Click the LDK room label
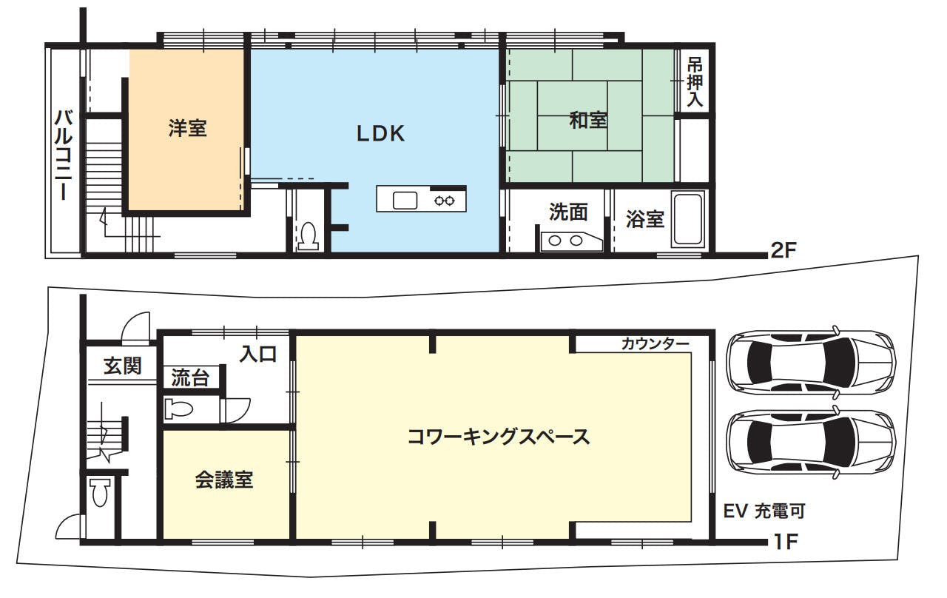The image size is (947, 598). [x=381, y=134]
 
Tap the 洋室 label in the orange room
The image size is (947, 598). [x=188, y=128]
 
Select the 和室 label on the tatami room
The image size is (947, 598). [x=588, y=120]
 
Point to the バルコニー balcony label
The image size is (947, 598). [x=64, y=155]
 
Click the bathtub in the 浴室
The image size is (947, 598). [x=688, y=220]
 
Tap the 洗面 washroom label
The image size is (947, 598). [x=568, y=212]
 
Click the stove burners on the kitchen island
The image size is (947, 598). [x=445, y=201]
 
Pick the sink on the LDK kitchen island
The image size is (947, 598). [x=405, y=201]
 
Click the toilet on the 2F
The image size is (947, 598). [x=309, y=235]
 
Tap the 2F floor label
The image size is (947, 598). [x=783, y=250]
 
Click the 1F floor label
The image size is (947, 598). [x=785, y=541]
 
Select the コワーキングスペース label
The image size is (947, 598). [x=499, y=437]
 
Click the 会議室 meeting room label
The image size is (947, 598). [x=224, y=480]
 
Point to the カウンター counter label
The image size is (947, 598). [x=655, y=344]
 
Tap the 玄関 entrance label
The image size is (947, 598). [x=123, y=366]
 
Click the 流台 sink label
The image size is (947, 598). [x=190, y=377]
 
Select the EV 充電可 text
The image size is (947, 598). [x=764, y=511]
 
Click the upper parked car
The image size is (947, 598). [x=810, y=363]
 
